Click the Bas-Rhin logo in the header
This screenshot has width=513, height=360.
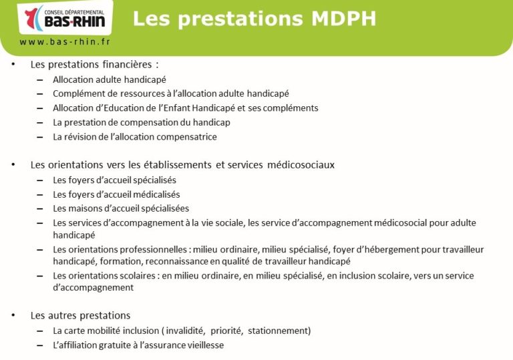(x=65, y=18)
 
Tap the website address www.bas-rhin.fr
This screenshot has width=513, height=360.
(x=65, y=41)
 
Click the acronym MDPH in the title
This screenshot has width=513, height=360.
(x=343, y=19)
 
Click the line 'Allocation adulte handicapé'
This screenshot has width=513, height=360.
(x=110, y=79)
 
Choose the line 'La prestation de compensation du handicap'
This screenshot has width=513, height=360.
(x=142, y=122)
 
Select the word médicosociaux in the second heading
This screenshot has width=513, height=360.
(x=301, y=164)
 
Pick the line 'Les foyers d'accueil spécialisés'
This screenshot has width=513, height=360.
(x=114, y=180)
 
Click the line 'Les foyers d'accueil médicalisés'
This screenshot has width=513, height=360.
(x=116, y=195)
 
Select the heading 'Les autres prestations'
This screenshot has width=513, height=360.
(x=80, y=315)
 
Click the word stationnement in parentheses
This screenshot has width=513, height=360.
(x=278, y=331)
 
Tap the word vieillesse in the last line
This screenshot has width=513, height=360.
(x=206, y=345)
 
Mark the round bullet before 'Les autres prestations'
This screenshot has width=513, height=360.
(x=13, y=315)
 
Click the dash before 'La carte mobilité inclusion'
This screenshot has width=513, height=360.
(x=40, y=331)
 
